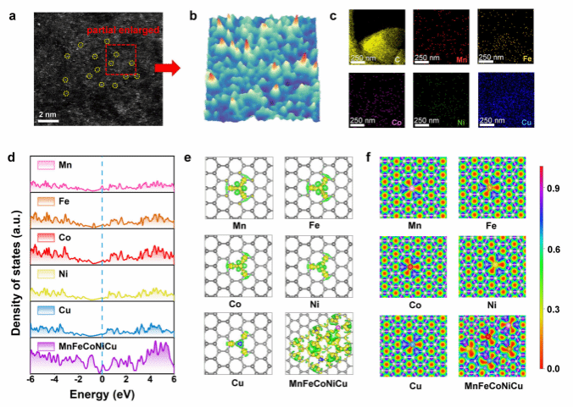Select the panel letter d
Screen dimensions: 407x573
10,157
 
